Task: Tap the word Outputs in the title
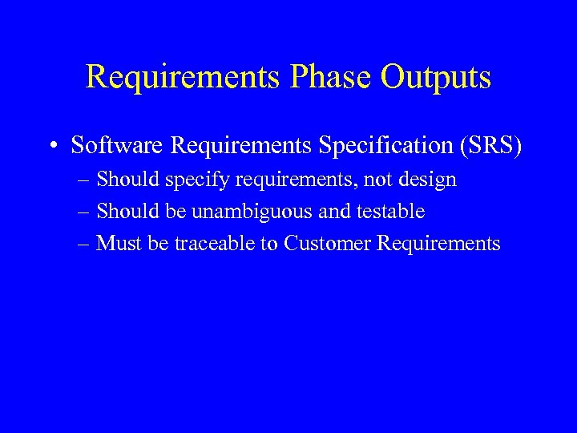coord(436,78)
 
